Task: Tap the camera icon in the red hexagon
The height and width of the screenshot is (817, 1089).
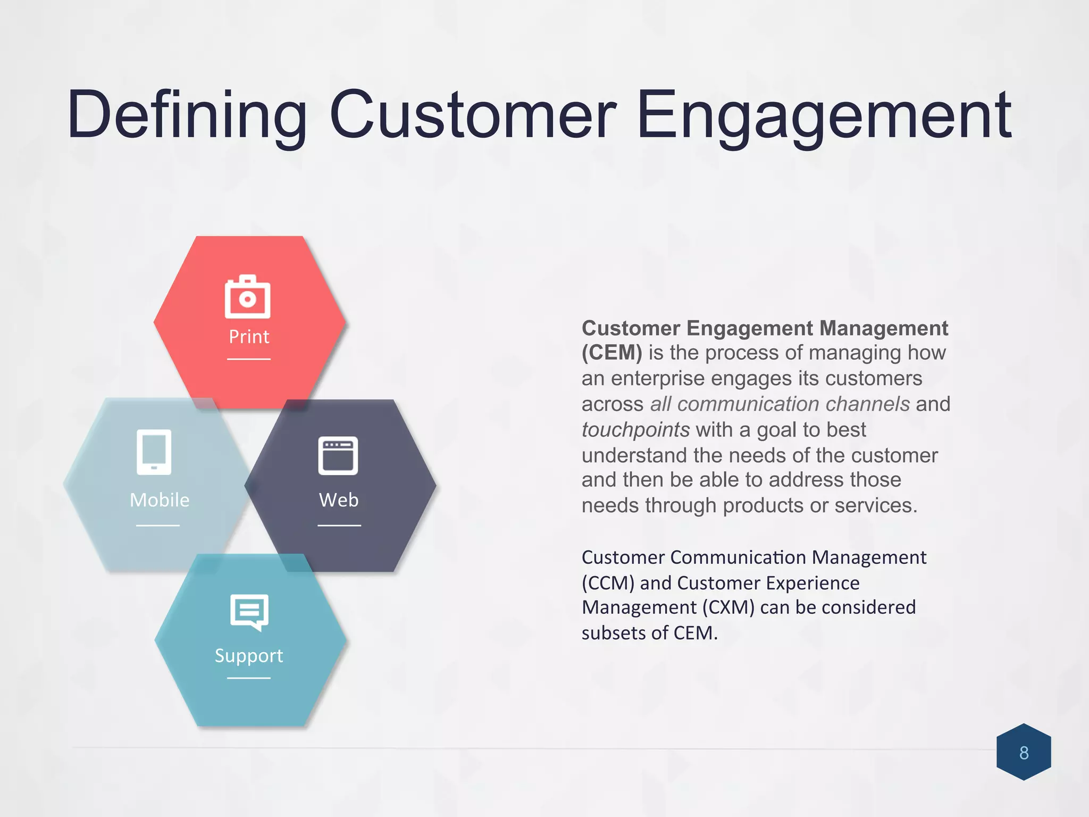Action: tap(248, 297)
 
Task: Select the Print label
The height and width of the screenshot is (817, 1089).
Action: tap(249, 337)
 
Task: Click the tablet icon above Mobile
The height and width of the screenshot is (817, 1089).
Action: tap(154, 452)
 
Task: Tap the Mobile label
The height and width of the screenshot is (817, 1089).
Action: tap(160, 500)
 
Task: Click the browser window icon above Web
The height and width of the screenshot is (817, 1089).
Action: tap(338, 455)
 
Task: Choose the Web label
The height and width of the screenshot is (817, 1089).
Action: tap(339, 500)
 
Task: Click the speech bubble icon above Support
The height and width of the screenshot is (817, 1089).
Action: tap(249, 612)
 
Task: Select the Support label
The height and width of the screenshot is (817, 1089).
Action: tap(249, 655)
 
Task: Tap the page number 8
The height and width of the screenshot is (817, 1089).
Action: tap(1024, 753)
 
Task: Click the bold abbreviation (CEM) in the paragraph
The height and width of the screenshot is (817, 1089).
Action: tap(611, 353)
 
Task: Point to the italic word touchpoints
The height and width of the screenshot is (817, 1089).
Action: tap(635, 430)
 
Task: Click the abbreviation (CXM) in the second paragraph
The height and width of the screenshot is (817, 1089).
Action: tap(728, 607)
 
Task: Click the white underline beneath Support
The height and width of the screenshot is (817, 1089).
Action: tap(249, 678)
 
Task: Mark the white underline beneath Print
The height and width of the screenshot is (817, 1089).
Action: tap(249, 359)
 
